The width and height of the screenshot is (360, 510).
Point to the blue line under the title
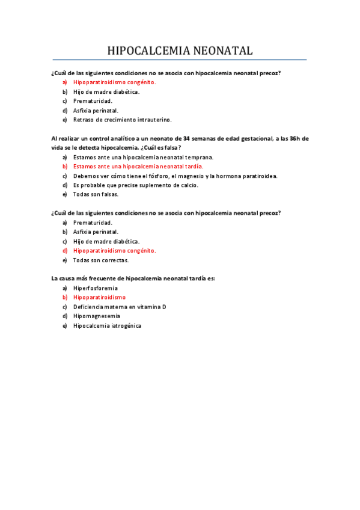click(x=180, y=60)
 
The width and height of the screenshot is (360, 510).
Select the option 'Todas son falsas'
click(x=96, y=194)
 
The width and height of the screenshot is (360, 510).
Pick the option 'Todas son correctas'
click(x=101, y=260)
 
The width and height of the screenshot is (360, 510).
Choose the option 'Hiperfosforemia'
click(x=96, y=288)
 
